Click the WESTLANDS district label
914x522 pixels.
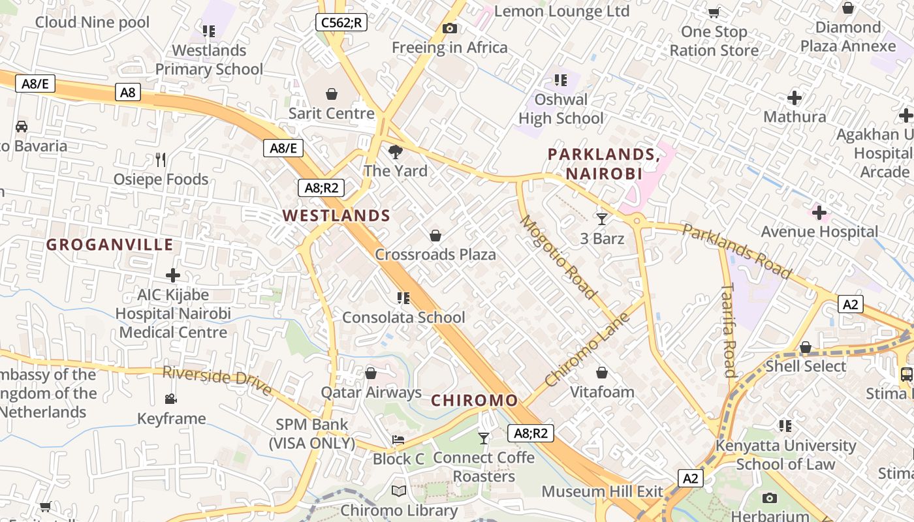[336, 215]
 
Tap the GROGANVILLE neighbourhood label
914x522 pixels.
[110, 245]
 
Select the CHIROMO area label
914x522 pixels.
[475, 400]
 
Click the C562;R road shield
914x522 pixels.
[341, 22]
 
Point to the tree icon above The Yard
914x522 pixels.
[395, 152]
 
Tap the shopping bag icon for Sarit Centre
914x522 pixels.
[332, 94]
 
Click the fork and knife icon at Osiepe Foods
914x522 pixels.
[161, 160]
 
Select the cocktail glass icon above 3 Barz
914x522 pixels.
[602, 219]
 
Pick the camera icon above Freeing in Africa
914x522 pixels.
[449, 28]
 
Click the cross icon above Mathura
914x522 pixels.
[795, 98]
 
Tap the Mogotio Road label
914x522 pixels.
[558, 257]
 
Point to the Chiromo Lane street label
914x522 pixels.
[588, 349]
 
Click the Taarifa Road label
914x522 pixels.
[729, 330]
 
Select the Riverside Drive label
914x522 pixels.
[217, 380]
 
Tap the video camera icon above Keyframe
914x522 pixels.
[171, 399]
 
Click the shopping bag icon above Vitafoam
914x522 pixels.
[602, 373]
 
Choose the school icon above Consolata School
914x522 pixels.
[403, 298]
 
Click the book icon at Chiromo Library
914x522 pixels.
[398, 491]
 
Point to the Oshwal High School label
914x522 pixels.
[561, 109]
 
